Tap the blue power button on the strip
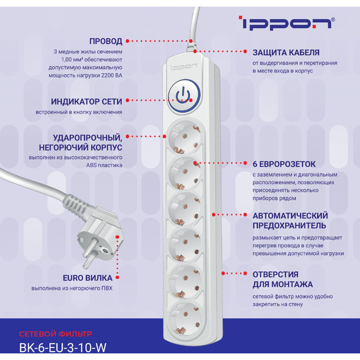pos(184,95)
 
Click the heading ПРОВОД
pos(106,41)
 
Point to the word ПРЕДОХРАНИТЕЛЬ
pos(289,226)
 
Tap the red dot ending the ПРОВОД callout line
pos(191,41)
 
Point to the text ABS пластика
pos(103,165)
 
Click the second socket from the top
pos(184,172)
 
